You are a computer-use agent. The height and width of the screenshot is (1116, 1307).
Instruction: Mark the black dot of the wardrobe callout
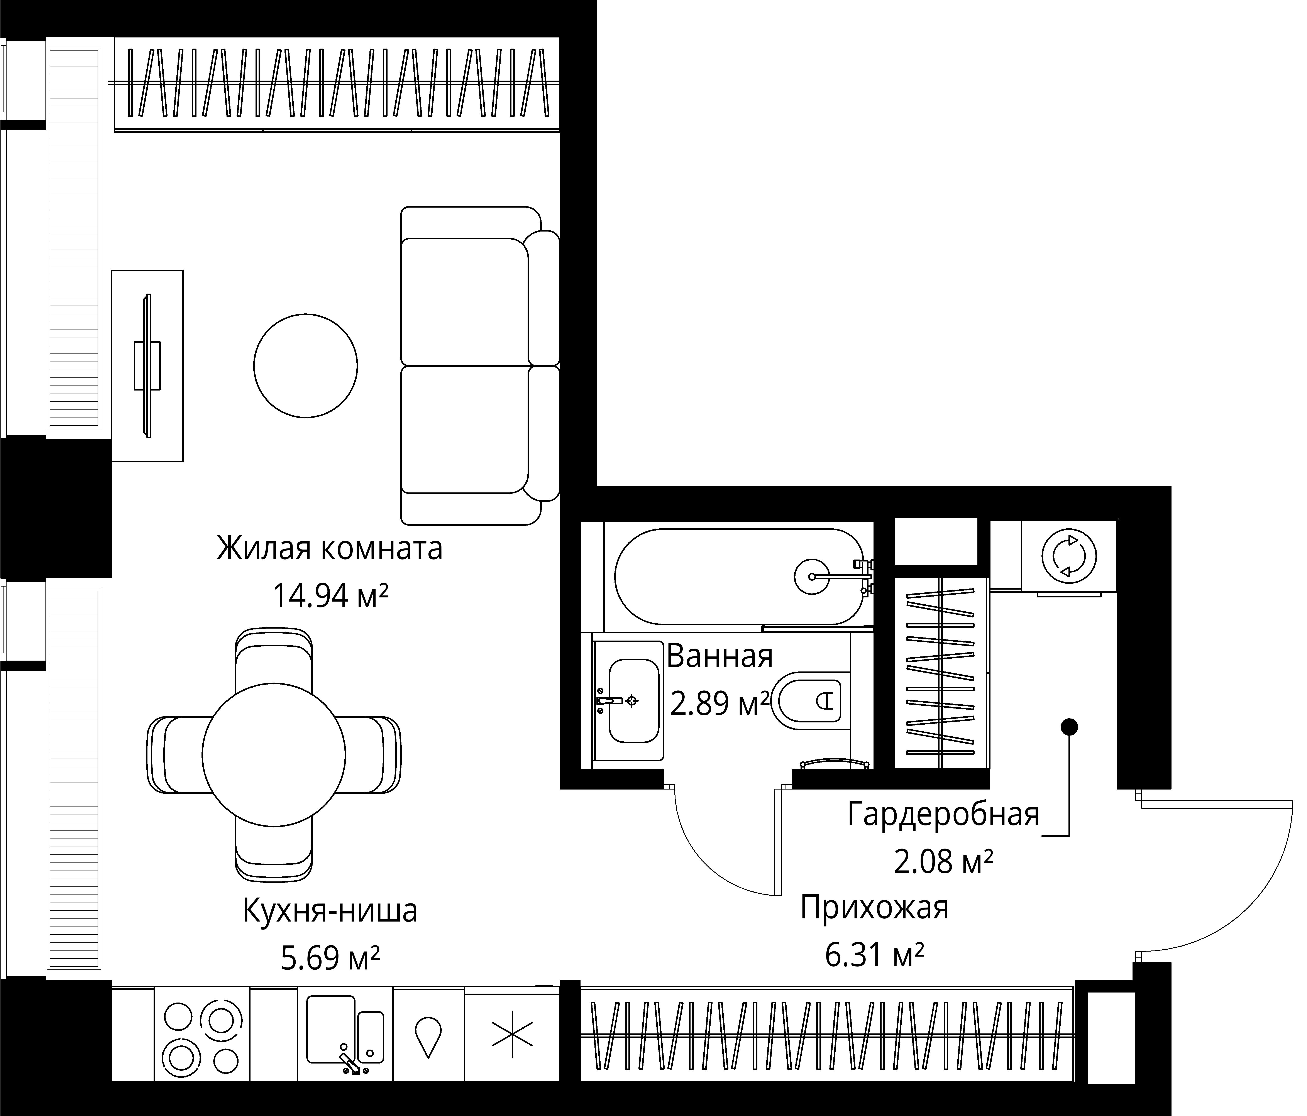pyautogui.click(x=1068, y=727)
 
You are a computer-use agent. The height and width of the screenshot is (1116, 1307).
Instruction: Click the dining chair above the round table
pyautogui.click(x=274, y=659)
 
